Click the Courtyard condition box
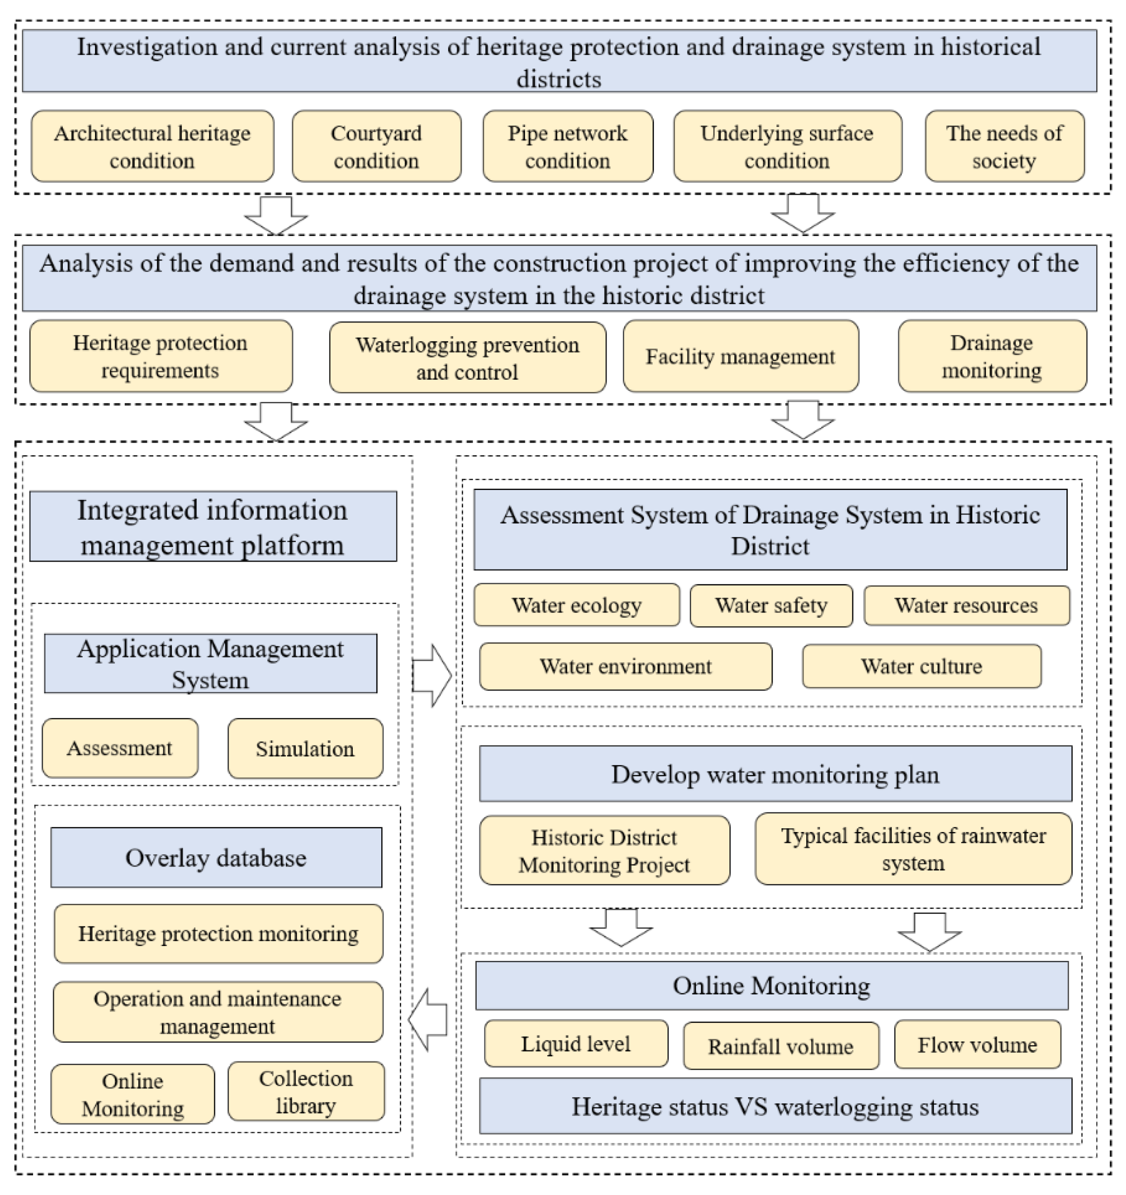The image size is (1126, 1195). click(376, 146)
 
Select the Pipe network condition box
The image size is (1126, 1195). click(567, 146)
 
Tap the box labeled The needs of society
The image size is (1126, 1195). click(1004, 146)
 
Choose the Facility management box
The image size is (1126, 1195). click(740, 356)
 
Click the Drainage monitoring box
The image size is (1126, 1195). click(992, 356)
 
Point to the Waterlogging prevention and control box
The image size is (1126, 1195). click(467, 358)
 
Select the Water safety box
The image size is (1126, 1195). click(771, 605)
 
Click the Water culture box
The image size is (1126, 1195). click(921, 666)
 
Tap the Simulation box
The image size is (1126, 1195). click(305, 748)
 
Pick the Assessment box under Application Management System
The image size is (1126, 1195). click(120, 748)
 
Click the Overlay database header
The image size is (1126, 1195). click(216, 857)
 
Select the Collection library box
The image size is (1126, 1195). click(306, 1092)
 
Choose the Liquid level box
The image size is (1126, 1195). click(575, 1044)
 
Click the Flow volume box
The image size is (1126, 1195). click(977, 1045)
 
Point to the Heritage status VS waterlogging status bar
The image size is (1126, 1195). click(775, 1107)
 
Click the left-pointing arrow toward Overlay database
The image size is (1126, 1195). click(429, 1020)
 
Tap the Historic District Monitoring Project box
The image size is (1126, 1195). click(604, 851)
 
